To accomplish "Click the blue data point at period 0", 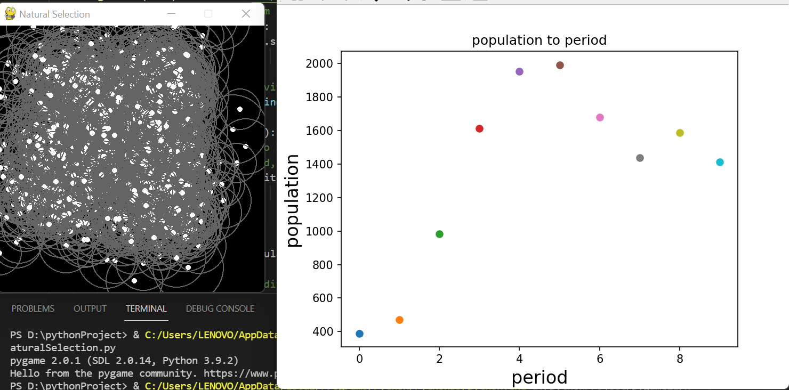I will tap(359, 334).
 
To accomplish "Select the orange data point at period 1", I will tap(399, 320).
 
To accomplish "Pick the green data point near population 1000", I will tap(439, 234).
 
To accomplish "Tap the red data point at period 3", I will tap(479, 128).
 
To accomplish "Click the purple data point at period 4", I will tap(519, 71).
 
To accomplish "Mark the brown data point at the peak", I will tap(560, 65).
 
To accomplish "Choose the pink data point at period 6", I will tap(600, 117).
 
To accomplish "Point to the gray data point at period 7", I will tap(640, 158).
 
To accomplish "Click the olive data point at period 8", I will tap(680, 133).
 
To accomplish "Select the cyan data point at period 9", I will tap(720, 162).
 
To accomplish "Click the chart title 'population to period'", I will tap(539, 40).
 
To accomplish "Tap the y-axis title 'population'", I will tap(294, 200).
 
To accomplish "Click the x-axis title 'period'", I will tap(539, 377).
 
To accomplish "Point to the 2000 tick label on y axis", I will tap(320, 63).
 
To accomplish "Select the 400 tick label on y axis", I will tap(324, 331).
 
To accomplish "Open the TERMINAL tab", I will tap(146, 308).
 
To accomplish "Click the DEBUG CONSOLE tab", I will tap(220, 308).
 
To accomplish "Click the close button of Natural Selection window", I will tap(246, 14).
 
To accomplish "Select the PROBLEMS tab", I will tap(33, 308).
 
